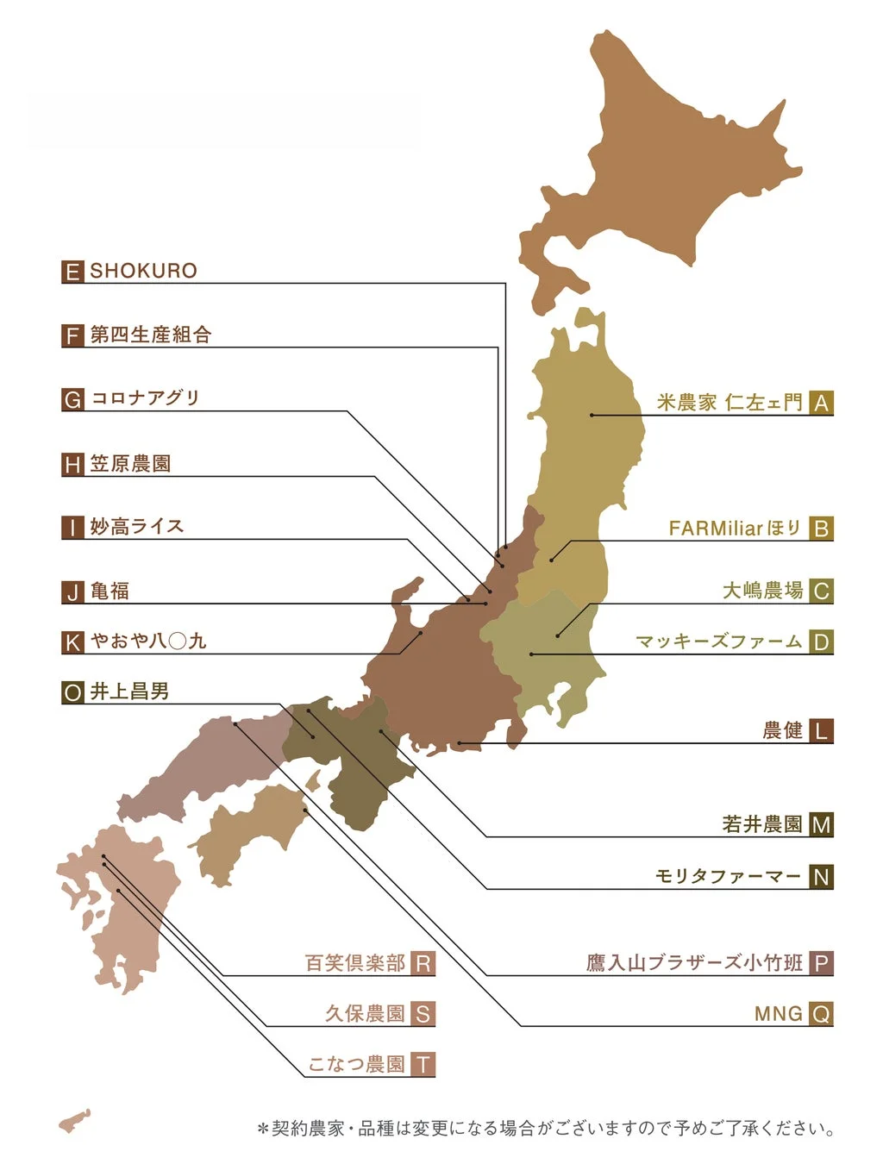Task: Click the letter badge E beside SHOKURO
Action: click(x=72, y=272)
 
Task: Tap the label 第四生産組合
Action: click(x=151, y=335)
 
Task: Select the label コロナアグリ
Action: click(x=146, y=398)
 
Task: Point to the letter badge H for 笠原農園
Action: click(x=72, y=465)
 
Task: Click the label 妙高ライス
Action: click(x=137, y=527)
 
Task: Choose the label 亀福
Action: click(x=110, y=591)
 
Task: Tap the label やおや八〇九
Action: click(x=148, y=641)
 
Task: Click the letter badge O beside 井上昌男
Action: click(x=72, y=692)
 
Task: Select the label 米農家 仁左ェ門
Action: click(x=730, y=403)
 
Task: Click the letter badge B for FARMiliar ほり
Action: click(x=822, y=529)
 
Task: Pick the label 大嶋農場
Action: click(x=762, y=591)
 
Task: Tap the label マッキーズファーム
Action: click(x=719, y=641)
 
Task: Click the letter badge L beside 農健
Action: click(x=822, y=731)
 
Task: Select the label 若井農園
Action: click(x=762, y=824)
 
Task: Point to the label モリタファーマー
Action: click(x=729, y=877)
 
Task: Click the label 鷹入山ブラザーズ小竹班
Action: click(x=694, y=963)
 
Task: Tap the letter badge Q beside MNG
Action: click(x=822, y=1014)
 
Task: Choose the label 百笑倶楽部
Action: click(x=355, y=963)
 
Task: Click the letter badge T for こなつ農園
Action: click(x=423, y=1065)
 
